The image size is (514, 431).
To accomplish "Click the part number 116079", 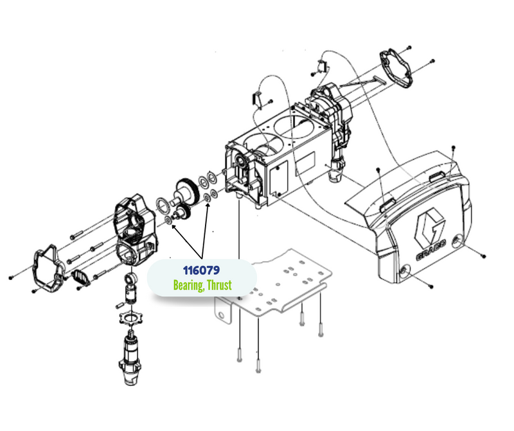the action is click(x=201, y=270).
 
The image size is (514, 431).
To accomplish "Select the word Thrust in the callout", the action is click(x=220, y=285).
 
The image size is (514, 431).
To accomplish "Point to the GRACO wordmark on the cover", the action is click(x=431, y=250).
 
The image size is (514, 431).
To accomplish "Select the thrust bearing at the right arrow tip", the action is click(x=207, y=198).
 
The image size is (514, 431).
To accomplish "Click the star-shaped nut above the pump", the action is click(x=131, y=318).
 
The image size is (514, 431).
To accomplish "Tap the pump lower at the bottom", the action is click(x=130, y=357).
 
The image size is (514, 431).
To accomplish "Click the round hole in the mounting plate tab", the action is click(x=221, y=315).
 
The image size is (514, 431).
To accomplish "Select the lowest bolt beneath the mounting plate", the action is click(x=258, y=366).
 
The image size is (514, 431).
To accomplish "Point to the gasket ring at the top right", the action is click(x=396, y=68).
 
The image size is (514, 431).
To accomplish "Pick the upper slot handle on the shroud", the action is click(x=438, y=177).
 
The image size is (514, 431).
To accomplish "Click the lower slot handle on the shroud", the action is click(x=387, y=206).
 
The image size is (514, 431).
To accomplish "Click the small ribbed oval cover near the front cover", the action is click(x=80, y=277).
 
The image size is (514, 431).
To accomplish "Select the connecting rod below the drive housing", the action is click(x=130, y=289).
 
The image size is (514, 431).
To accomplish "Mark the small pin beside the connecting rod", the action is click(x=120, y=305).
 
